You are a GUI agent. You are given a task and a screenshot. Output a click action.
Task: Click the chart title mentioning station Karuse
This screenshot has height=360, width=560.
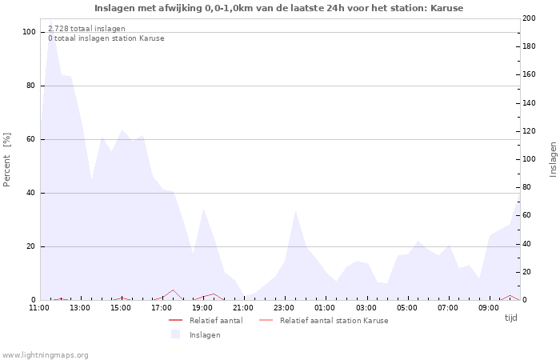(278, 8)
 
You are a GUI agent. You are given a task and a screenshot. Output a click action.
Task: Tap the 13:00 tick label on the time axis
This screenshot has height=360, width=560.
(80, 307)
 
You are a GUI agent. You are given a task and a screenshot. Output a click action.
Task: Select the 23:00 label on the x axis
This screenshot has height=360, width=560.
(284, 307)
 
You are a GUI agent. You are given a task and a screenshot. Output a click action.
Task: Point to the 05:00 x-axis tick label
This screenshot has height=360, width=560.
(407, 307)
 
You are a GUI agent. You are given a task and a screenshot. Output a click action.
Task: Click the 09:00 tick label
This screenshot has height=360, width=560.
(489, 307)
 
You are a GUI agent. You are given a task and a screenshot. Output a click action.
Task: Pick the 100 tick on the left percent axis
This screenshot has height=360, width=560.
(29, 32)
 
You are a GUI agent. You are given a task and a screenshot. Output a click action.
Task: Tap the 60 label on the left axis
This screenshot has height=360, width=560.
(30, 139)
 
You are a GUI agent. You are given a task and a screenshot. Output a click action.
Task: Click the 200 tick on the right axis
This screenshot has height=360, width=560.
(529, 18)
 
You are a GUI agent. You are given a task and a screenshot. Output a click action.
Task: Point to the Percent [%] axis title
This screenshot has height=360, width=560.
(7, 159)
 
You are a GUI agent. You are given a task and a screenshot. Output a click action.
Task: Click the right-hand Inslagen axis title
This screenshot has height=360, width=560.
(553, 159)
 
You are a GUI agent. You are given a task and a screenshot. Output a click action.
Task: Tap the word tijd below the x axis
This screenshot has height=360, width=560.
(510, 318)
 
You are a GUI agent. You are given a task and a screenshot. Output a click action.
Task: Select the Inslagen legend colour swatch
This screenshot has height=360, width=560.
(175, 334)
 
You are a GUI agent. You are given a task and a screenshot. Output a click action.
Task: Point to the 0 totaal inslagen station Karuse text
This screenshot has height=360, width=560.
(106, 38)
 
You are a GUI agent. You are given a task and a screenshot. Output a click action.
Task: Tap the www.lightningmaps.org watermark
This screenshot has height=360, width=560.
(46, 355)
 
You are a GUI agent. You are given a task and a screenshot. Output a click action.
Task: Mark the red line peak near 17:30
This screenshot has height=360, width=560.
(173, 290)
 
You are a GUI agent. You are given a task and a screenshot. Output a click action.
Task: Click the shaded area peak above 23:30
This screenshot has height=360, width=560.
(295, 210)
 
